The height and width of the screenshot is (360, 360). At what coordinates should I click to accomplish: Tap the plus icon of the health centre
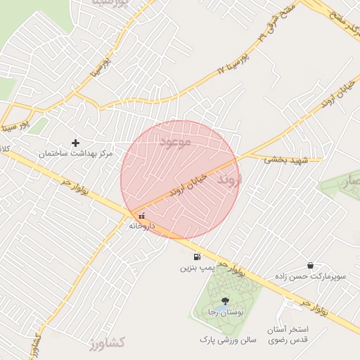[75, 143]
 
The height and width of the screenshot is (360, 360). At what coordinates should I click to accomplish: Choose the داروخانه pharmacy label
[141, 226]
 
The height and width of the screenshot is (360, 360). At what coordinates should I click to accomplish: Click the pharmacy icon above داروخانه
[142, 217]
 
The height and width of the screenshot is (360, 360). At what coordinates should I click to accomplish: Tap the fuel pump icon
[197, 257]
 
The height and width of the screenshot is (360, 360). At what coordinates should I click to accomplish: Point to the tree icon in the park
[225, 301]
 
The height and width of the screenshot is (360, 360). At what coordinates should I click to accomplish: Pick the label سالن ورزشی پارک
[226, 339]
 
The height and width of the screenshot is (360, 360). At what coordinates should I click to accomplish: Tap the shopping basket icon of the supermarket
[310, 266]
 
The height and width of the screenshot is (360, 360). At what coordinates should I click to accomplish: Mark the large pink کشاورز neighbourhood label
[107, 343]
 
